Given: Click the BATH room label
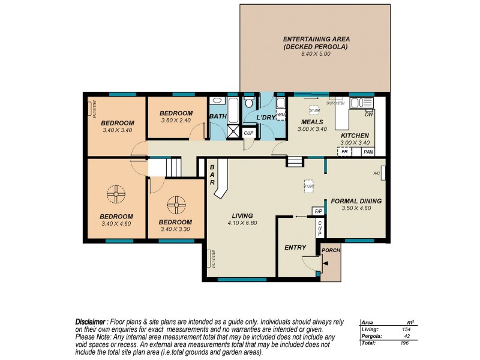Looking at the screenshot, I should coord(217,116).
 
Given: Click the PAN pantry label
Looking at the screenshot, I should coord(368,152).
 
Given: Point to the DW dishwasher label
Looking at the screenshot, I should coord(369,115).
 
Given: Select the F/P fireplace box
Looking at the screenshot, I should coord(317,211).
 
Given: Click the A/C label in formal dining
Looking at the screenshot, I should coord(377,173).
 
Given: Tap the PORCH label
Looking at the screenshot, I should coord(331,250).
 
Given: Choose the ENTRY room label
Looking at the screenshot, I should coord(295,247).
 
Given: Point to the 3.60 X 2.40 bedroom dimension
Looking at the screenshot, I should coord(176,121).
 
